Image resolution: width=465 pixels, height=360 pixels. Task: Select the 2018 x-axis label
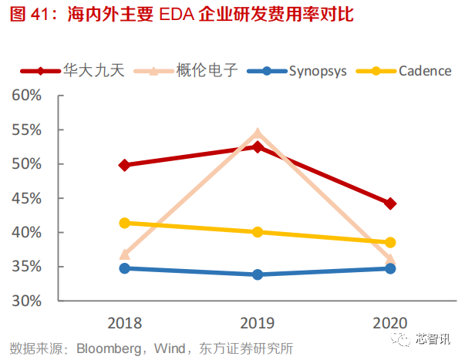(x=125, y=321)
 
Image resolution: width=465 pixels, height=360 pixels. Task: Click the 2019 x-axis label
(x=258, y=321)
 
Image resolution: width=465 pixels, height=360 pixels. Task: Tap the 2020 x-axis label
(x=390, y=321)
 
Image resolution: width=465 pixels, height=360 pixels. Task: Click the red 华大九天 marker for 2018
(x=125, y=165)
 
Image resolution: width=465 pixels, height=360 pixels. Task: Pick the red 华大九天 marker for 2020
(x=390, y=204)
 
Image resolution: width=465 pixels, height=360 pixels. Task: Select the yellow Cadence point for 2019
(x=258, y=232)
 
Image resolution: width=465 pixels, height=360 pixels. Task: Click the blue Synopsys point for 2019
(x=258, y=274)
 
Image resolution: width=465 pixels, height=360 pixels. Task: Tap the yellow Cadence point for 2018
(x=125, y=223)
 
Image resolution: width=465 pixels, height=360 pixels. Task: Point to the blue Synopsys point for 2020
(x=390, y=268)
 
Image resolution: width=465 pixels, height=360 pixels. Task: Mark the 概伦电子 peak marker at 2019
(x=258, y=133)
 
